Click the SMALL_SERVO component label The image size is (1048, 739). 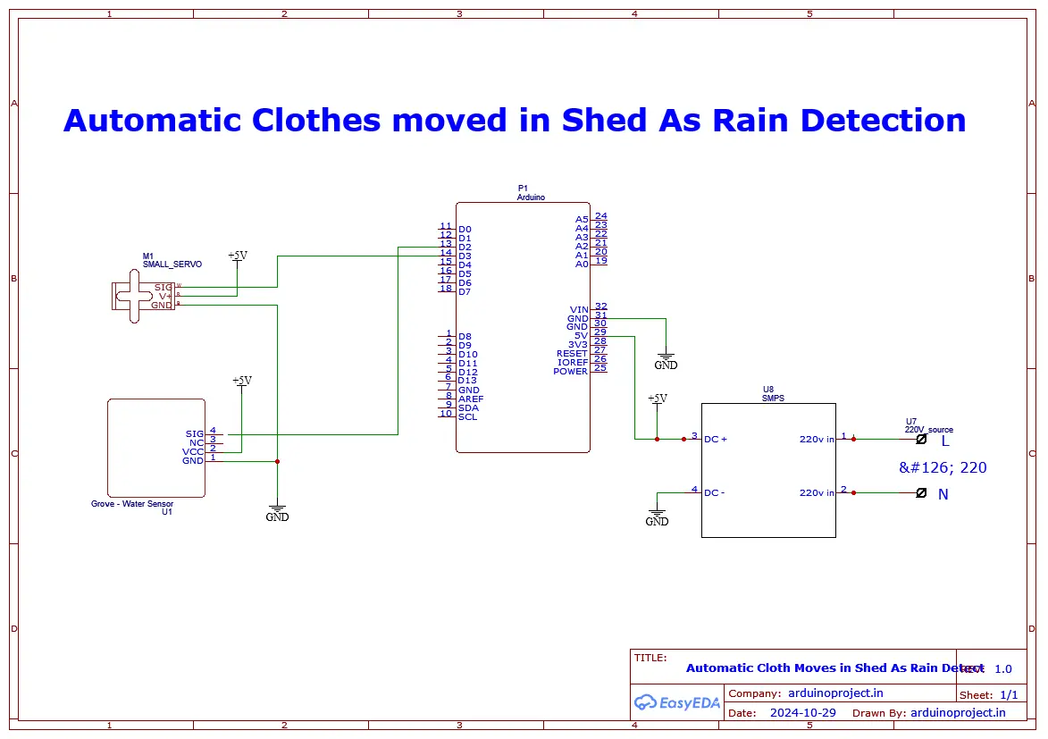pos(172,265)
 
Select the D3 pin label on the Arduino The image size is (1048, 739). pos(465,256)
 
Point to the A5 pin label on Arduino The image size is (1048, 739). pos(582,219)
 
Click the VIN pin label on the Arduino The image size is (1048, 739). pos(579,310)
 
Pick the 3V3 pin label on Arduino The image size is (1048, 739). pos(578,345)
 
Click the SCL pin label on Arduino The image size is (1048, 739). pos(467,416)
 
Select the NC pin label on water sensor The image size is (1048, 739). pos(197,442)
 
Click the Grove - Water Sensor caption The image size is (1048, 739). pos(132,504)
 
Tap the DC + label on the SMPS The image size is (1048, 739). pos(716,440)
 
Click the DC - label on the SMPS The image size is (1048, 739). pos(714,492)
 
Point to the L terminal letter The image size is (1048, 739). pos(945,441)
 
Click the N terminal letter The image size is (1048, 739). pos(943,494)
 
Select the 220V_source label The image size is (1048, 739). pos(929,430)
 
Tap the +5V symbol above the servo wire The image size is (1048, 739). pos(237,256)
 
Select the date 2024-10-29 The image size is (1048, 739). pos(802,713)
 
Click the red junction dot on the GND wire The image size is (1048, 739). pos(278,461)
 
